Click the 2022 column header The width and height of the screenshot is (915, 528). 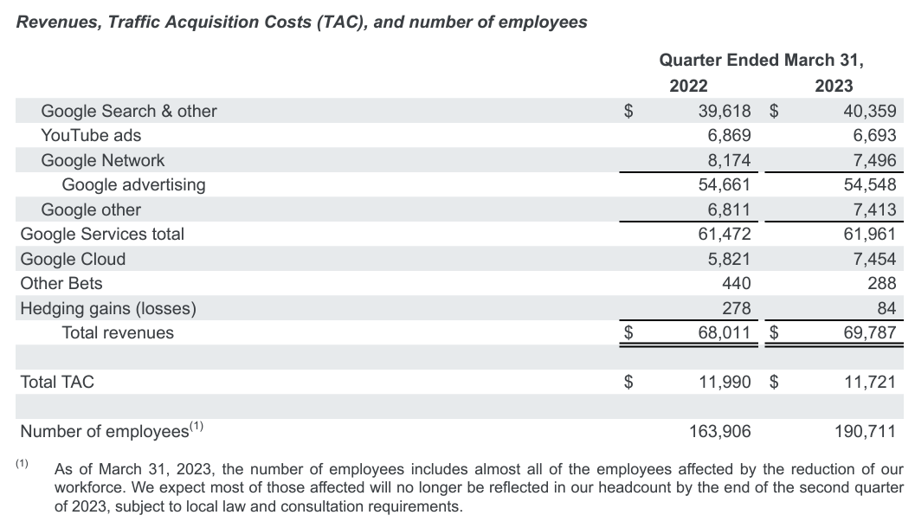pyautogui.click(x=688, y=86)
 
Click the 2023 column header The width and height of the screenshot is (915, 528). pyautogui.click(x=834, y=86)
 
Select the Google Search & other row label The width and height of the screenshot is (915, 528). pyautogui.click(x=129, y=111)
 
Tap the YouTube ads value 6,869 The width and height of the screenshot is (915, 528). pyautogui.click(x=725, y=136)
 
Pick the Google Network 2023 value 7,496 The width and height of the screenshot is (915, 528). pyautogui.click(x=870, y=160)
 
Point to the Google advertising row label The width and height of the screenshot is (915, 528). pyautogui.click(x=133, y=184)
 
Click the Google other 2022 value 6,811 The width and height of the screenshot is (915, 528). pyautogui.click(x=725, y=209)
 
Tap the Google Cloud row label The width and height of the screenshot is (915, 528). pyautogui.click(x=73, y=259)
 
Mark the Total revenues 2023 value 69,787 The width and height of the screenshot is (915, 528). pyautogui.click(x=866, y=332)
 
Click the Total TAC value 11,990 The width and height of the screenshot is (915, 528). pyautogui.click(x=720, y=381)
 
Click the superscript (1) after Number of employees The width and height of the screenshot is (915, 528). pyautogui.click(x=197, y=426)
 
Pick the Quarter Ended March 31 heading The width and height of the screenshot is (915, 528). pyautogui.click(x=761, y=61)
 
